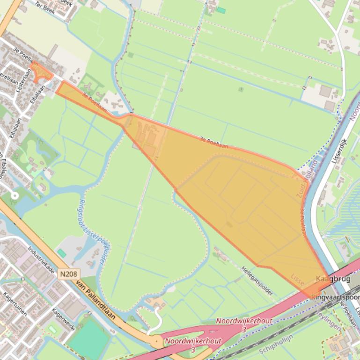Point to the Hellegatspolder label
click(257, 281)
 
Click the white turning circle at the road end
click(14, 195)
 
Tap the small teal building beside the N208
click(61, 253)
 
